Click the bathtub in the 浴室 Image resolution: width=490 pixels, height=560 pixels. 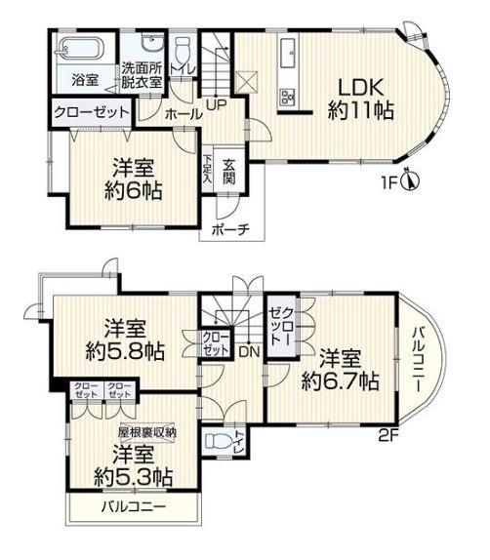[81, 48]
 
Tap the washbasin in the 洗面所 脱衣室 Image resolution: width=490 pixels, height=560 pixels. [152, 43]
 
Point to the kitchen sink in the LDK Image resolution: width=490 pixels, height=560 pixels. [288, 53]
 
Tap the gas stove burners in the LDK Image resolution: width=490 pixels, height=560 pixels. [288, 97]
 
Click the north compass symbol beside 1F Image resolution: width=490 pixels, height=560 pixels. [411, 180]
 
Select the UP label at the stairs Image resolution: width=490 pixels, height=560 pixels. [217, 105]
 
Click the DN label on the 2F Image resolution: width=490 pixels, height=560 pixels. [249, 352]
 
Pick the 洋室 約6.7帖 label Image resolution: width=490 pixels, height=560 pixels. [340, 371]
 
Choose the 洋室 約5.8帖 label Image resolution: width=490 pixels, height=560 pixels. [125, 340]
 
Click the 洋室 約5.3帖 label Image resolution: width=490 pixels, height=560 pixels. [134, 465]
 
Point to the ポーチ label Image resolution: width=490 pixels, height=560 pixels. [230, 229]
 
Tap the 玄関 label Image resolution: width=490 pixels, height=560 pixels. [229, 172]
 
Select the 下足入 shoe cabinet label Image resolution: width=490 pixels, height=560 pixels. [207, 169]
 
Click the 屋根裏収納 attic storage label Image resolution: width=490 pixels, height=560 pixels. [147, 432]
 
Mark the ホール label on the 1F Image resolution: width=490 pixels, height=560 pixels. [184, 114]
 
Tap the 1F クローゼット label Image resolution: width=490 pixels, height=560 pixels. [92, 112]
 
